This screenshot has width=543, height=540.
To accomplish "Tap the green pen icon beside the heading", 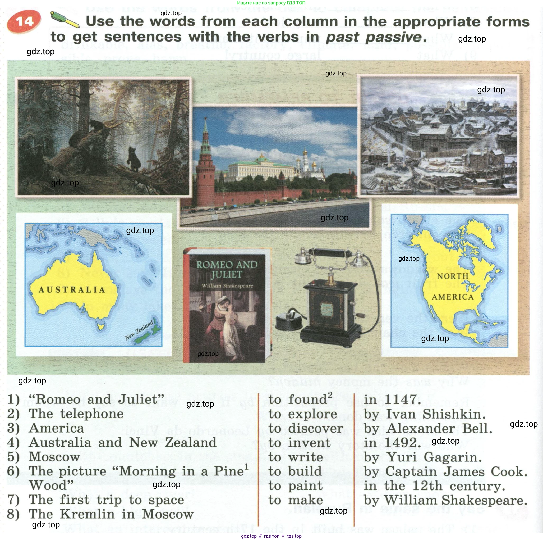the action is pyautogui.click(x=65, y=19).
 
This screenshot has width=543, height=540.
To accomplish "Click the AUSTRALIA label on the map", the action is pyautogui.click(x=72, y=290).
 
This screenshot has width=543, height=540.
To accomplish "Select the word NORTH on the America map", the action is pyautogui.click(x=453, y=276).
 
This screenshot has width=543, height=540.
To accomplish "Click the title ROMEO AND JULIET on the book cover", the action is pyautogui.click(x=227, y=269).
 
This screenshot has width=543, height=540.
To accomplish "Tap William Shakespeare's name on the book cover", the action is pyautogui.click(x=227, y=286).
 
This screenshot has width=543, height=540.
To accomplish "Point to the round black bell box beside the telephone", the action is pyautogui.click(x=289, y=321).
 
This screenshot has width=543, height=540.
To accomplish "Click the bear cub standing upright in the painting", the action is pyautogui.click(x=134, y=159).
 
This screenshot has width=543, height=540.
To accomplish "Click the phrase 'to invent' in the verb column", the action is pyautogui.click(x=300, y=443).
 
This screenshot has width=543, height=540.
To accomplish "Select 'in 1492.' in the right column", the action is pyautogui.click(x=392, y=443).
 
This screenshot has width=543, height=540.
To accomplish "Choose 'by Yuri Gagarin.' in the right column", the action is pyautogui.click(x=423, y=457).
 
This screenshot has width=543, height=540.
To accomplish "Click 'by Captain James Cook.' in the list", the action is pyautogui.click(x=445, y=472).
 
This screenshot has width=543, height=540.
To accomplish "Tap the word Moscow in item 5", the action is pyautogui.click(x=54, y=457).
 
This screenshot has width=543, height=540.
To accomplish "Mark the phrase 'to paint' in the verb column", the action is pyautogui.click(x=295, y=486).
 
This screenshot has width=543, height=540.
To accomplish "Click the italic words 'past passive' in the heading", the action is pyautogui.click(x=374, y=37).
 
